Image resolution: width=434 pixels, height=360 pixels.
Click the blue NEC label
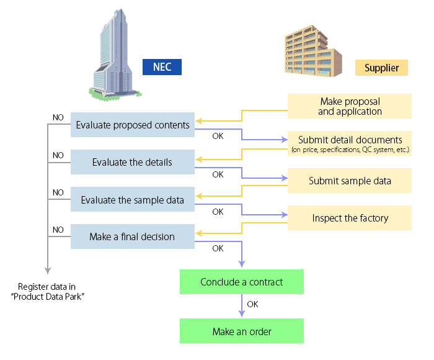point(162,66)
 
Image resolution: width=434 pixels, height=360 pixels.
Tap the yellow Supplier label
point(381,67)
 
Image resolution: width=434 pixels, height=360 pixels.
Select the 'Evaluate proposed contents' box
point(133,125)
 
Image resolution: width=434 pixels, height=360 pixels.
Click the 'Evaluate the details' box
point(133,162)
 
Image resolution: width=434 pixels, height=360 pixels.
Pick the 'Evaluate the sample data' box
point(133,200)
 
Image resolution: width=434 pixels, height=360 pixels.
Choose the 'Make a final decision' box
point(133,236)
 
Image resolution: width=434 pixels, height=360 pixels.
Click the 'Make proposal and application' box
point(350,106)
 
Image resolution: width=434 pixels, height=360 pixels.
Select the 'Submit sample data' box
point(350,181)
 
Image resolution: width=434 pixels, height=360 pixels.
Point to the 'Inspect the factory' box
point(350,218)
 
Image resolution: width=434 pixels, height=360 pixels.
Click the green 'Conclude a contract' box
point(242,282)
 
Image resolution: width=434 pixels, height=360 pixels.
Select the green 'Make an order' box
point(242,331)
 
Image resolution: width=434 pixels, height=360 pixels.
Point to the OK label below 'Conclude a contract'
point(253,305)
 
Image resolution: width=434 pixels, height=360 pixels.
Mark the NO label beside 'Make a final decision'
point(58,230)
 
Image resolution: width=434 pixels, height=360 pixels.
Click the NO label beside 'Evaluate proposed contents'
point(58,117)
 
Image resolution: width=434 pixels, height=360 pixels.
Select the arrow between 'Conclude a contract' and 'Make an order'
point(241,307)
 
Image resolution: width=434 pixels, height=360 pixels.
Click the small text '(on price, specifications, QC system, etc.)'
point(350,150)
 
